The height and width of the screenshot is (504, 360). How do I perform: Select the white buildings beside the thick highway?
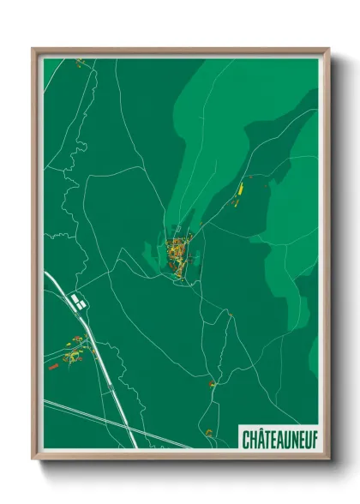[78, 300]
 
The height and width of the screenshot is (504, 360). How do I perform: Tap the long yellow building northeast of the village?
[241, 188]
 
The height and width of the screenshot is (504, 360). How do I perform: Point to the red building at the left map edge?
[53, 366]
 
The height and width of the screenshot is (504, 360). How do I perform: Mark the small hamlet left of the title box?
[208, 432]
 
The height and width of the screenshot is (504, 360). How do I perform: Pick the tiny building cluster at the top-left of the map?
[79, 62]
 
